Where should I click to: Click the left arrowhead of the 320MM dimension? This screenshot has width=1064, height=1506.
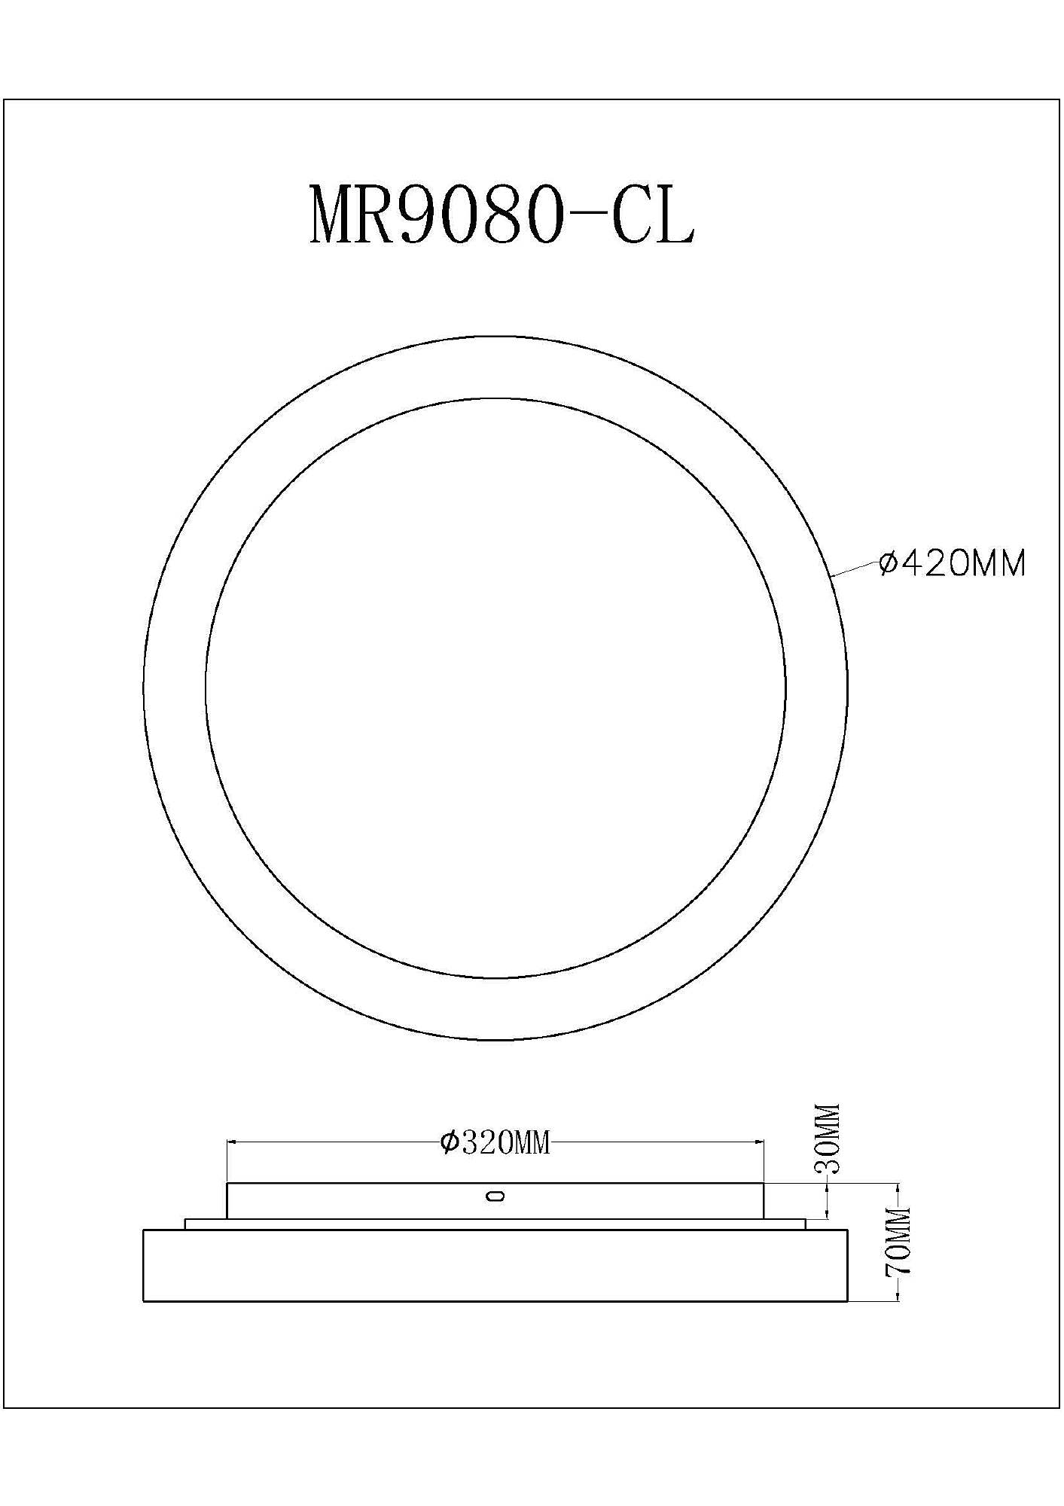(233, 1142)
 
